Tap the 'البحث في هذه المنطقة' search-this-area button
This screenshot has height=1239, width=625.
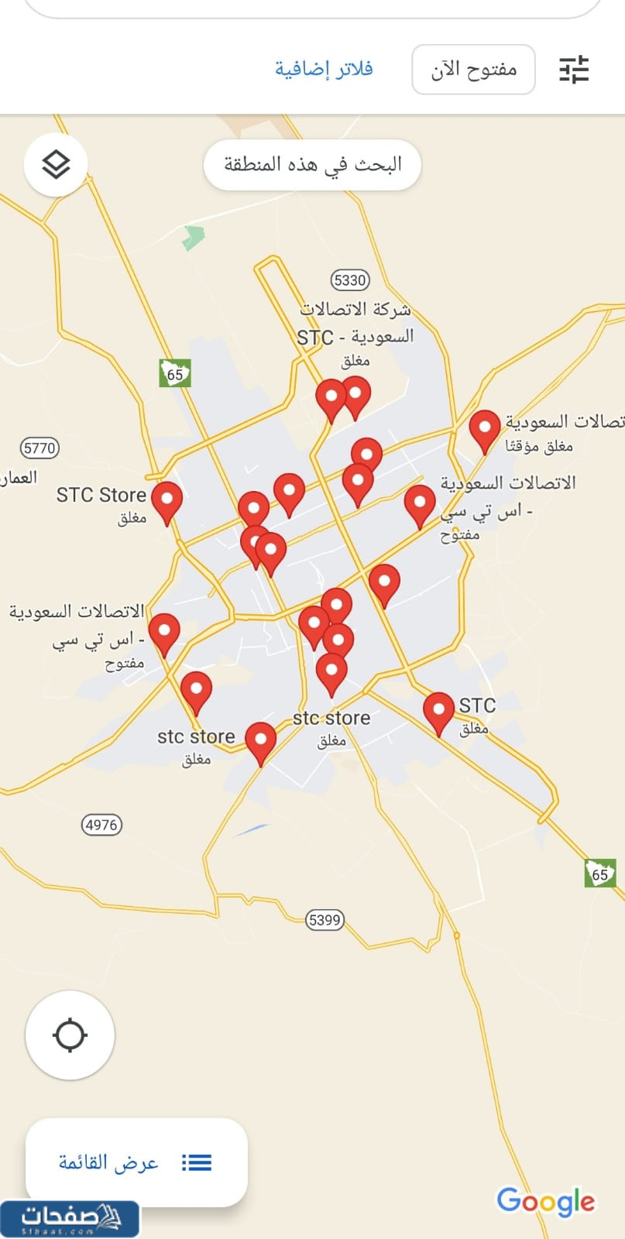click(x=312, y=164)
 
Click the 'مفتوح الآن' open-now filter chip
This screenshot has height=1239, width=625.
click(x=473, y=70)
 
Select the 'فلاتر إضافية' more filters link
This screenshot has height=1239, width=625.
click(x=324, y=69)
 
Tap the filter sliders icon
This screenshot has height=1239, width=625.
click(x=574, y=70)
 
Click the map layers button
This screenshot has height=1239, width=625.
click(x=56, y=164)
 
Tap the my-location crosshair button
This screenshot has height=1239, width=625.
click(x=70, y=1035)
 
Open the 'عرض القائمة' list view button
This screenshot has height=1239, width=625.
click(x=136, y=1162)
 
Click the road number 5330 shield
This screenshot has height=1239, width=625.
click(x=349, y=280)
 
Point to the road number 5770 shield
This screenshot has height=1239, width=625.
click(x=39, y=448)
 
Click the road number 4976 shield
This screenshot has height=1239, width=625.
click(x=101, y=825)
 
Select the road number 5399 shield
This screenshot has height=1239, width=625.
click(x=325, y=920)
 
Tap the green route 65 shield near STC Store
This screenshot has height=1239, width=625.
click(x=175, y=373)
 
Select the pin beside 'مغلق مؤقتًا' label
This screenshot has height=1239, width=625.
click(x=485, y=428)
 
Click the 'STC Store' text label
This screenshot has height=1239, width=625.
click(x=101, y=495)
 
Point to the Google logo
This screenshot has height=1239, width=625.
click(x=546, y=1201)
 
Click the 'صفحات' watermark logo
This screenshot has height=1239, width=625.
click(x=70, y=1219)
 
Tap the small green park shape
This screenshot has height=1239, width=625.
click(x=193, y=237)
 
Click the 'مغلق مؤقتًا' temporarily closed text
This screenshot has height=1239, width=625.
click(x=539, y=446)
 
